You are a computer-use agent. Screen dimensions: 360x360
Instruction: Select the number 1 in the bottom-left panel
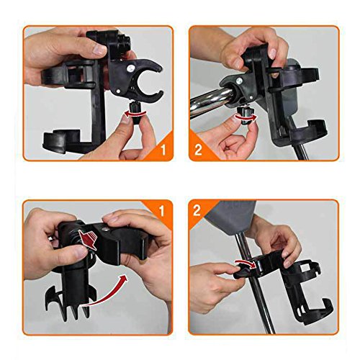162,211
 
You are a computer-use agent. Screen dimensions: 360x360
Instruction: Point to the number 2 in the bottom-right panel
197,210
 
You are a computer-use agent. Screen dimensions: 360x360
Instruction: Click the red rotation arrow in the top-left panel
134,114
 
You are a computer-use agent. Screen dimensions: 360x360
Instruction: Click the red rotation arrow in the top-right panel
246,117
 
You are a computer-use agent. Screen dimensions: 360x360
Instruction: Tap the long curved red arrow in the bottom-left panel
107,294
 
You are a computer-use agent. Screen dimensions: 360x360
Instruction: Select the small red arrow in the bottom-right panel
246,264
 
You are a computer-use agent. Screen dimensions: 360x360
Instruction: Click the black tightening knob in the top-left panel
135,113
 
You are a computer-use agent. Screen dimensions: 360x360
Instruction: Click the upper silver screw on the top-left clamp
130,68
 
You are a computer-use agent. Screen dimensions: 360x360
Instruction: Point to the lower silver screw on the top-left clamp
118,91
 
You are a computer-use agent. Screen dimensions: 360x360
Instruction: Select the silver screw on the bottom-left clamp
105,229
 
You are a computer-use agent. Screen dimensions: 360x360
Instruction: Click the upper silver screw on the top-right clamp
238,81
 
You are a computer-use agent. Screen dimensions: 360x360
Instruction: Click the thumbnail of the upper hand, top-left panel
99,50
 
